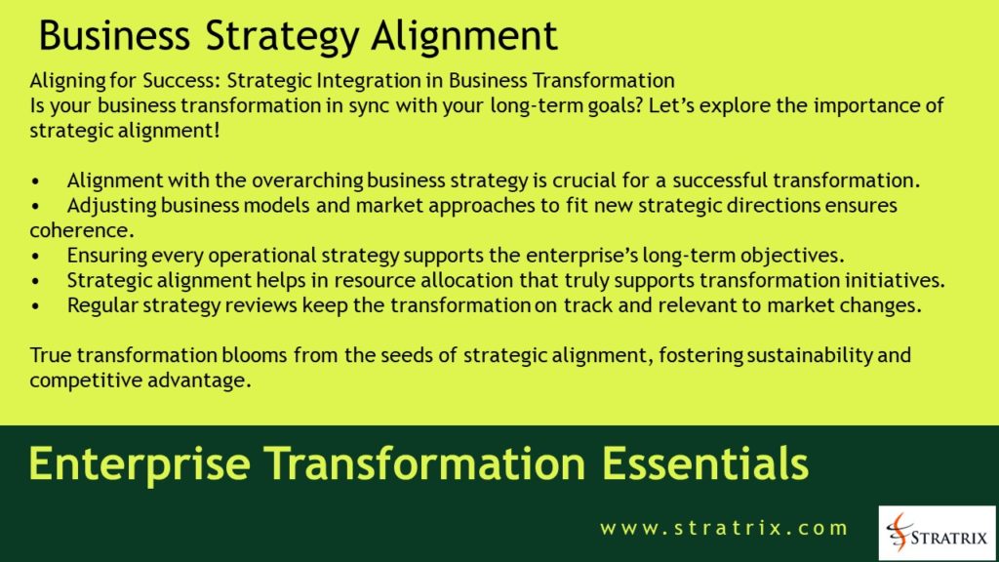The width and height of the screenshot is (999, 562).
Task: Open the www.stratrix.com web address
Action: [724, 528]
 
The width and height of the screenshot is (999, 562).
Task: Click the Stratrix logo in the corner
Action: [937, 533]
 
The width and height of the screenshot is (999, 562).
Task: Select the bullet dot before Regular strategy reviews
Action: [36, 305]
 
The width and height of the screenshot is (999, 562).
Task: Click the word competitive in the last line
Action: [76, 381]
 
